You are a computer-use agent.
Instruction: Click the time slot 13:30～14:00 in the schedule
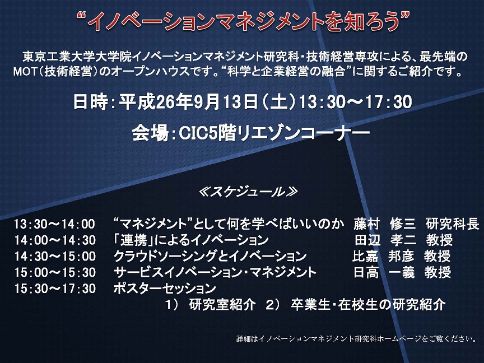54,224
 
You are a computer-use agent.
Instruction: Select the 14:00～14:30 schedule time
55,240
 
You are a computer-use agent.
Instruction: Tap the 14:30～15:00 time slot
55,256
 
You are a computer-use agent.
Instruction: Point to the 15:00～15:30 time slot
55,272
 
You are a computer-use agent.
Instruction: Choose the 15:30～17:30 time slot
55,288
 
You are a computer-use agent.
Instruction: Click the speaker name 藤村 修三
385,224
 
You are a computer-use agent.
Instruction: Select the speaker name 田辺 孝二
385,240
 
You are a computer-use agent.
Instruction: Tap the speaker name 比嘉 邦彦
383,256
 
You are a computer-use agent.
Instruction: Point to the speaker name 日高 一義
384,272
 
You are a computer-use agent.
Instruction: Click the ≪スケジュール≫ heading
249,192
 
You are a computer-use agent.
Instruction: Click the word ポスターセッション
165,288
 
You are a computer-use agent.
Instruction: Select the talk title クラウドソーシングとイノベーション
210,256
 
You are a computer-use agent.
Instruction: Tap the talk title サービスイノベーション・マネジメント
215,272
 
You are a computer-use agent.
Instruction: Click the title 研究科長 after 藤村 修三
453,224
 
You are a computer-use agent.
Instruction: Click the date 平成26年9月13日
189,101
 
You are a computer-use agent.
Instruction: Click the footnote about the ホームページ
356,338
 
